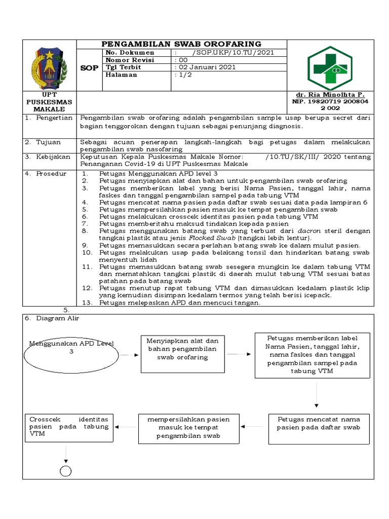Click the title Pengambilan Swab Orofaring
181,44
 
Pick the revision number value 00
181,60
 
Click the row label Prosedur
51,174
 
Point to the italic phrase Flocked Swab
205,238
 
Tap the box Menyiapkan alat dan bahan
182,349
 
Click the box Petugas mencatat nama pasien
318,423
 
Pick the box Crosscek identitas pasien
68,427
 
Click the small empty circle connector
66,471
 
